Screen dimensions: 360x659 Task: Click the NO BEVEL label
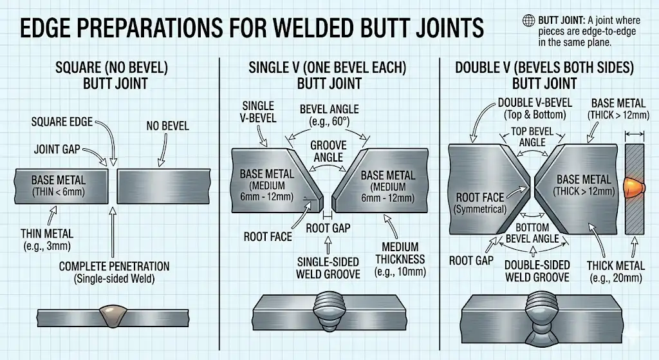coord(167,126)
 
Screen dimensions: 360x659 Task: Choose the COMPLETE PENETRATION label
coord(114,272)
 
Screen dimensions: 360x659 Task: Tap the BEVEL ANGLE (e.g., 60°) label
coord(329,115)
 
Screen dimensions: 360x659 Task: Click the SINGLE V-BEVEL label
coord(259,112)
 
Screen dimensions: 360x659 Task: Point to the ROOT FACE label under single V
coord(268,237)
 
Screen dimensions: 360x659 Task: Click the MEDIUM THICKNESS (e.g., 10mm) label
coord(400,260)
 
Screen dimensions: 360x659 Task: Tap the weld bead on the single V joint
coord(329,310)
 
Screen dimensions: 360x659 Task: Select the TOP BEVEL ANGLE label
coord(532,136)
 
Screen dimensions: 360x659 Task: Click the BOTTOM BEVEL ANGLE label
coord(532,233)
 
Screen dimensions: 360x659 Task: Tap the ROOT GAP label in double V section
coord(471,260)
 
